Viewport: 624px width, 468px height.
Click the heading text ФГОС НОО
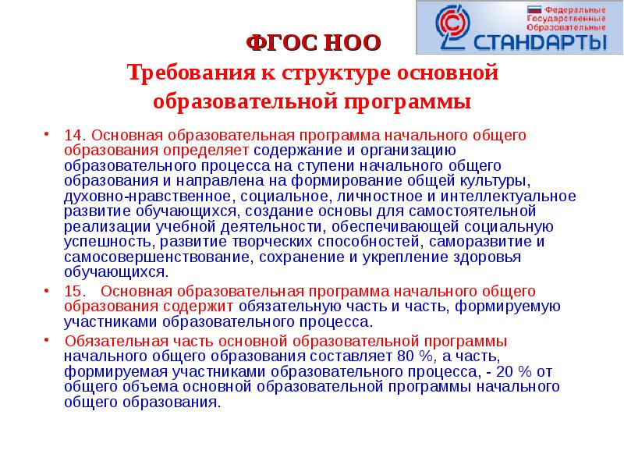coord(314,43)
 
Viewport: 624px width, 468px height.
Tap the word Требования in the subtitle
coord(186,73)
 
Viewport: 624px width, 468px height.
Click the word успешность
coord(101,241)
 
